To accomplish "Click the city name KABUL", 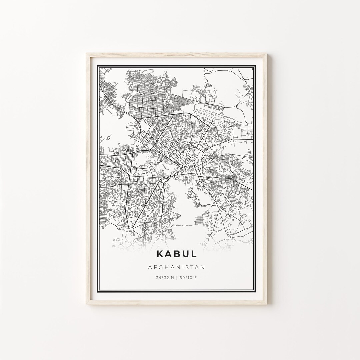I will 176,254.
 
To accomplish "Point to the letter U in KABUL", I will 186,254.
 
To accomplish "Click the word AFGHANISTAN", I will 176,267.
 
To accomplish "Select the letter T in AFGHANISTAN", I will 191,267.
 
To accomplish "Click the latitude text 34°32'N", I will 165,277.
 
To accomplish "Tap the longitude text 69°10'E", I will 188,277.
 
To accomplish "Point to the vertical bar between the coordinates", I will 177,277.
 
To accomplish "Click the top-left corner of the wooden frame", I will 87,53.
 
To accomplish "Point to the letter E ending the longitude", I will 196,277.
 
